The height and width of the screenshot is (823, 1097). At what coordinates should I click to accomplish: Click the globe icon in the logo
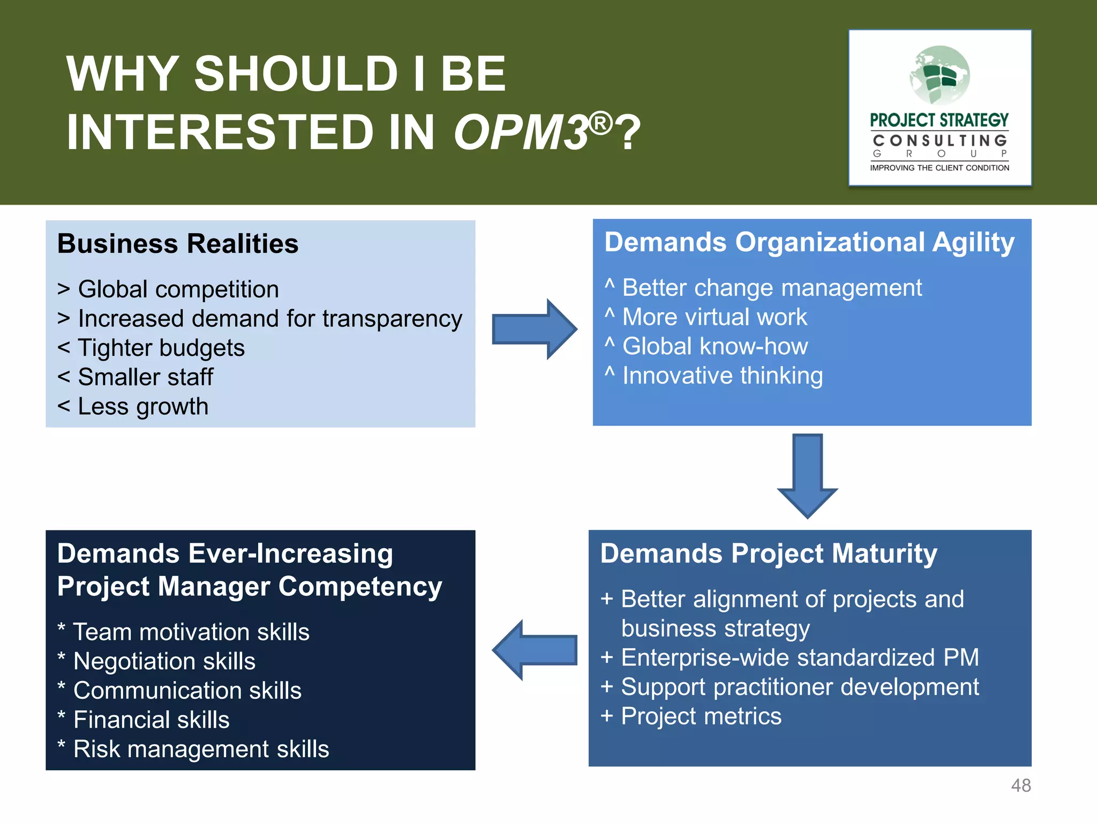coord(940,75)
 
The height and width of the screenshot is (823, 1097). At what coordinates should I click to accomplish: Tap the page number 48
coord(1020,785)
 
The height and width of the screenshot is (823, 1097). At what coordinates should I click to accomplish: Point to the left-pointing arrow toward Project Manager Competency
coord(535,650)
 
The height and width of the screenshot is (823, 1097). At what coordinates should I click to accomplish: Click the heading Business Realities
coord(177,244)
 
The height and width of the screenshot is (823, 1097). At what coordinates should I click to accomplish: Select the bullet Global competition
coord(178,289)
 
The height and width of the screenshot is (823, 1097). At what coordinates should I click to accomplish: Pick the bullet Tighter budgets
coord(161,348)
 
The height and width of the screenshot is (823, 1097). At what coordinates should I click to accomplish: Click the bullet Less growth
coord(142,407)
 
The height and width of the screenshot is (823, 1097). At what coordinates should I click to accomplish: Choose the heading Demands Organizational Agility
coord(809,242)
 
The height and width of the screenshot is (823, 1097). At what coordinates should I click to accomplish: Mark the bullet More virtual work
coord(714,317)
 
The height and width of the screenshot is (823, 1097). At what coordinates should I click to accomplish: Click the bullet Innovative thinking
coord(722,376)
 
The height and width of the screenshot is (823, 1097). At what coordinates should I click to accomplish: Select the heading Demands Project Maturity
coord(768,553)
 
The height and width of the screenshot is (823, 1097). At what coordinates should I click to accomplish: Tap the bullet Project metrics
coord(701,716)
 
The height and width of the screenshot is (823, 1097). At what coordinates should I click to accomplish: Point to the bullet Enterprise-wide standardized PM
coord(799,658)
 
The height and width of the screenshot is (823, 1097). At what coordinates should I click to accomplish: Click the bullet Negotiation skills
coord(164,662)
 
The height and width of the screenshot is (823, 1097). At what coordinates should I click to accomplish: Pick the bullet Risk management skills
coord(201,750)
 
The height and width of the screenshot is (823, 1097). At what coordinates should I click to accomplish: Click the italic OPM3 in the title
coord(521,132)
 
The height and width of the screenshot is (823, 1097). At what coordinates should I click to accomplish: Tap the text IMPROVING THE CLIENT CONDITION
coord(940,168)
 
